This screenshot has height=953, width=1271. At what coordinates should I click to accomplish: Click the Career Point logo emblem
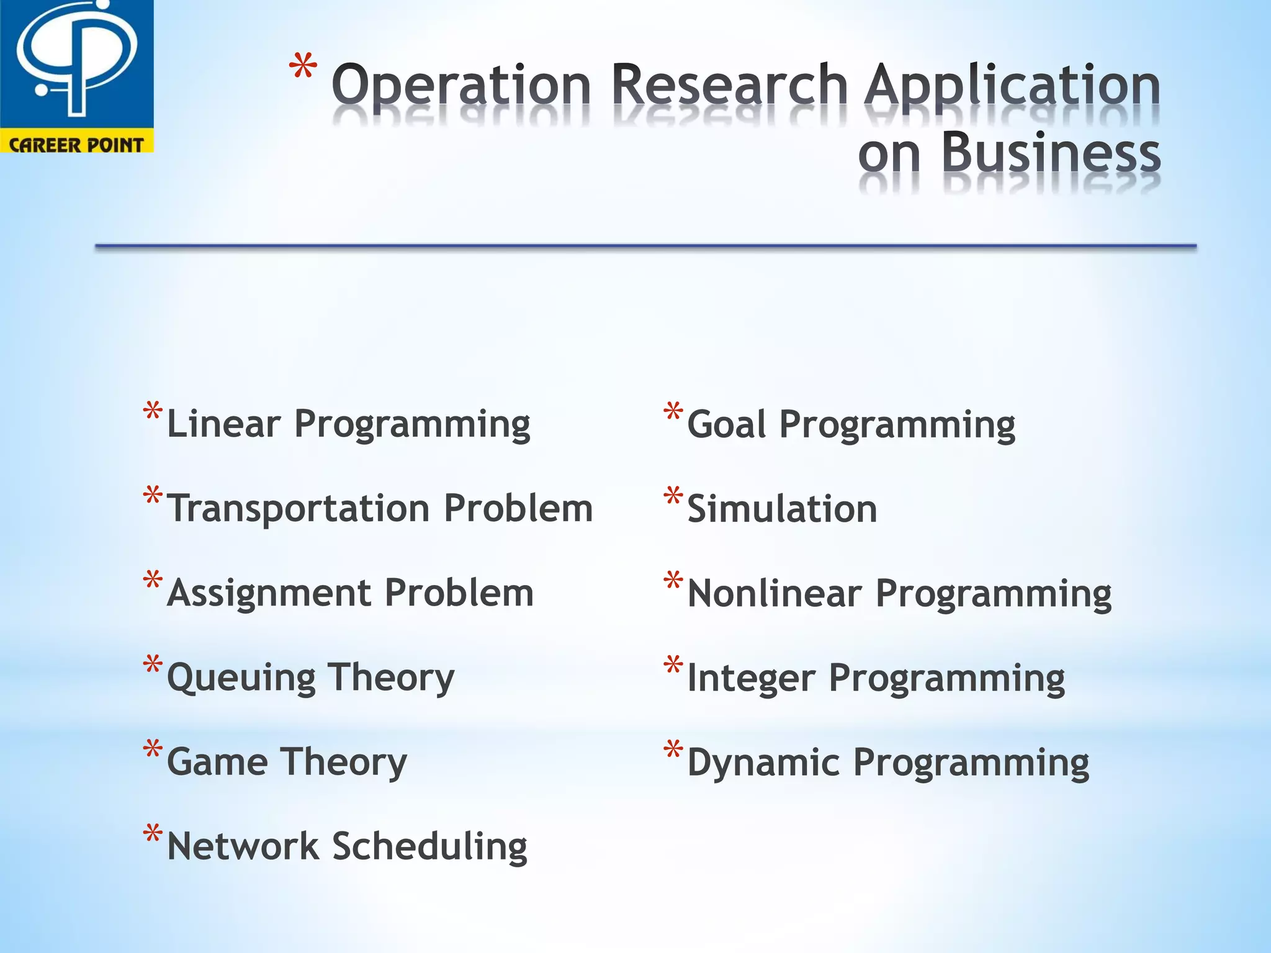pos(76,62)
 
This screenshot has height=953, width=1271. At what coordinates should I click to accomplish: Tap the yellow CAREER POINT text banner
pos(76,145)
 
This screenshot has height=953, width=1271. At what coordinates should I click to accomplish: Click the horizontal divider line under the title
pos(645,247)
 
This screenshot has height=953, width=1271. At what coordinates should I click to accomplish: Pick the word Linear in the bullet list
pos(223,424)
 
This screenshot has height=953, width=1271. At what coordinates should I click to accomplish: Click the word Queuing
pos(241,678)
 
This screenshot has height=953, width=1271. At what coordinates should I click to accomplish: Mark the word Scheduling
pos(429,848)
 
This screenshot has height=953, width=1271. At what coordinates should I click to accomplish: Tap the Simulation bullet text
pos(782,509)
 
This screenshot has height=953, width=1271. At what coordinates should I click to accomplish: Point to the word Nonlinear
pos(775,594)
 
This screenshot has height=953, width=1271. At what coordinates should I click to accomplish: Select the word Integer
pos(751,678)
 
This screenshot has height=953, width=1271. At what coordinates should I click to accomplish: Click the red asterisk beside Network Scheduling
pos(153,833)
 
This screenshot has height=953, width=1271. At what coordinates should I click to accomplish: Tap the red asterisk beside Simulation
pos(673,496)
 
